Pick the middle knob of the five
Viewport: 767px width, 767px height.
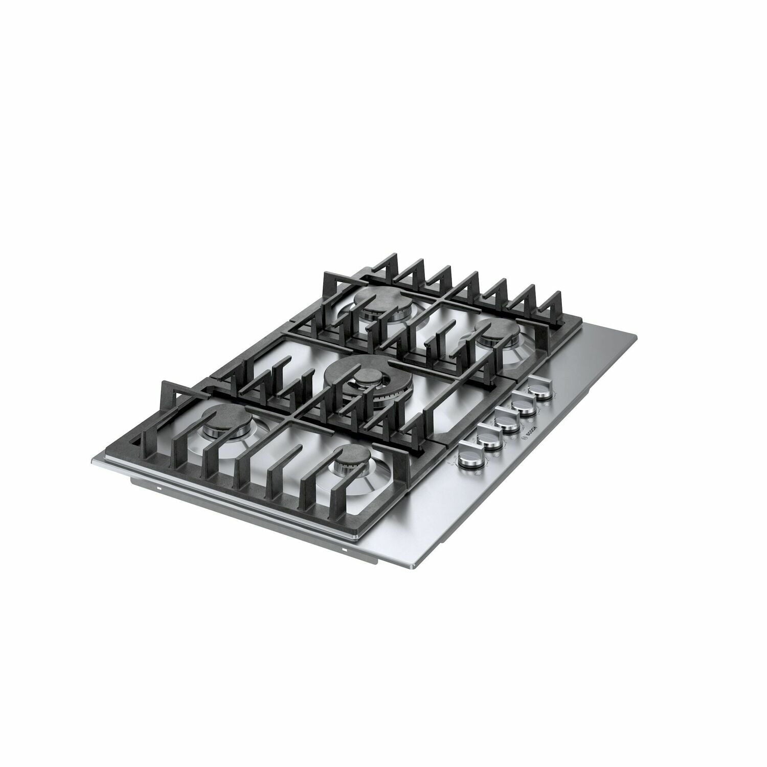(505, 422)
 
